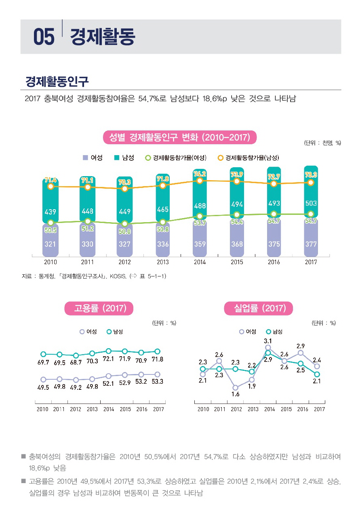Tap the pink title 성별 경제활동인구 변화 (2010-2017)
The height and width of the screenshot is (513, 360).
(180, 137)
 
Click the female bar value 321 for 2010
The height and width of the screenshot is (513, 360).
(50, 244)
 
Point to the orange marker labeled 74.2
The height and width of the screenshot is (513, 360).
(200, 181)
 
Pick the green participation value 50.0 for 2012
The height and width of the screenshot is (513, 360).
(125, 231)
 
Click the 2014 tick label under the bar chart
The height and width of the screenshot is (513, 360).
(200, 262)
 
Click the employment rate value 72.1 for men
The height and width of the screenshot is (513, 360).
(108, 359)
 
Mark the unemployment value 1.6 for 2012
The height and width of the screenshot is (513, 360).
(235, 395)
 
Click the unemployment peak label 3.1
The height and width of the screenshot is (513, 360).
(267, 341)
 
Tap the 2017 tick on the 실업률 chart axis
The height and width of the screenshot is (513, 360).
(319, 409)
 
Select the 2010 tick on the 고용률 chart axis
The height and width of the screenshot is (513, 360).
(42, 409)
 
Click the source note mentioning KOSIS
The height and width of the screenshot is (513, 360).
(94, 276)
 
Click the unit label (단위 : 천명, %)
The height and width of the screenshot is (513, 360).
(322, 143)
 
